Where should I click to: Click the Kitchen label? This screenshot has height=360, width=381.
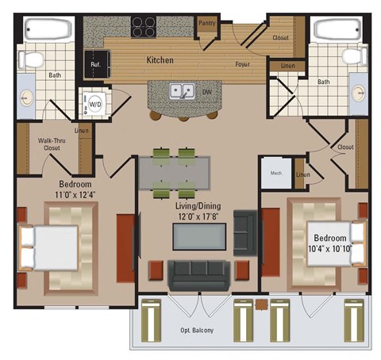[x=160, y=60]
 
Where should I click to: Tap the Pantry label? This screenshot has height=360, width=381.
[x=207, y=24]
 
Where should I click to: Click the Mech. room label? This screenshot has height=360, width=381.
[x=276, y=173]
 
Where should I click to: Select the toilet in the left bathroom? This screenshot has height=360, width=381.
[x=33, y=60]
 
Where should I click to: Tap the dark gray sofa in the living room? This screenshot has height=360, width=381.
[x=198, y=274]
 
